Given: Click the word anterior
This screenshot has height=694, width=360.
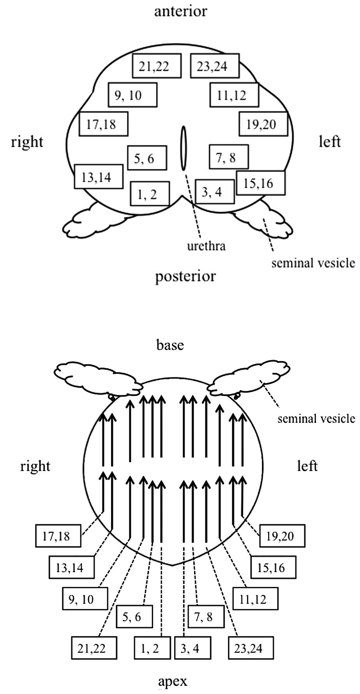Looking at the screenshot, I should click(180, 11).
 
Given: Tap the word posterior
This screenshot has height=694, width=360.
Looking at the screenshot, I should click(185, 277).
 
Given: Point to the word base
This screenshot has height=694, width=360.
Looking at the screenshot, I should click(170, 345).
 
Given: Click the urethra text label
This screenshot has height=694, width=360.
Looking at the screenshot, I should click(206, 246).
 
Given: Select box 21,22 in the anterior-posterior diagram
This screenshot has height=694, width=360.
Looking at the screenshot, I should click(156, 66).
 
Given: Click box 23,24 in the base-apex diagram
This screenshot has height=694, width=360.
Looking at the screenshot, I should click(251, 648).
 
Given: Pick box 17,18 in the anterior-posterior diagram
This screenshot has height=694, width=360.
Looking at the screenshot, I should click(103, 124).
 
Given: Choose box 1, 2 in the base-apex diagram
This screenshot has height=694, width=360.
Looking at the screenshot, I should click(152, 648).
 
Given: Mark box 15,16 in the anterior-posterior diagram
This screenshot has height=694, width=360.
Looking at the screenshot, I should click(260, 183).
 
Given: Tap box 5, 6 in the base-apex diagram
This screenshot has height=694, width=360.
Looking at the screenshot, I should click(134, 616).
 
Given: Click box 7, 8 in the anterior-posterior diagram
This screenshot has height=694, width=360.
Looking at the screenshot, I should click(228, 157).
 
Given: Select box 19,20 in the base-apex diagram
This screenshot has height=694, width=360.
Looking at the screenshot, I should click(282, 536).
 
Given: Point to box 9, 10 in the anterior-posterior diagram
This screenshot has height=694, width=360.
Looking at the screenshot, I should click(132, 95).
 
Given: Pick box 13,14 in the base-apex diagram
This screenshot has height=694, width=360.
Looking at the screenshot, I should click(72, 567).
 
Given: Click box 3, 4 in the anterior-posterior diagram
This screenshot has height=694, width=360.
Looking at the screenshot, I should click(215, 192).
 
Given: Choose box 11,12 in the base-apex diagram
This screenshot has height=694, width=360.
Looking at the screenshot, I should click(255, 599).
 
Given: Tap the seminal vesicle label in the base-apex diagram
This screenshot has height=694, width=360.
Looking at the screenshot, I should click(316, 419).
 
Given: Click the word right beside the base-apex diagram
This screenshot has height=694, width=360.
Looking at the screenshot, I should click(35, 466).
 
